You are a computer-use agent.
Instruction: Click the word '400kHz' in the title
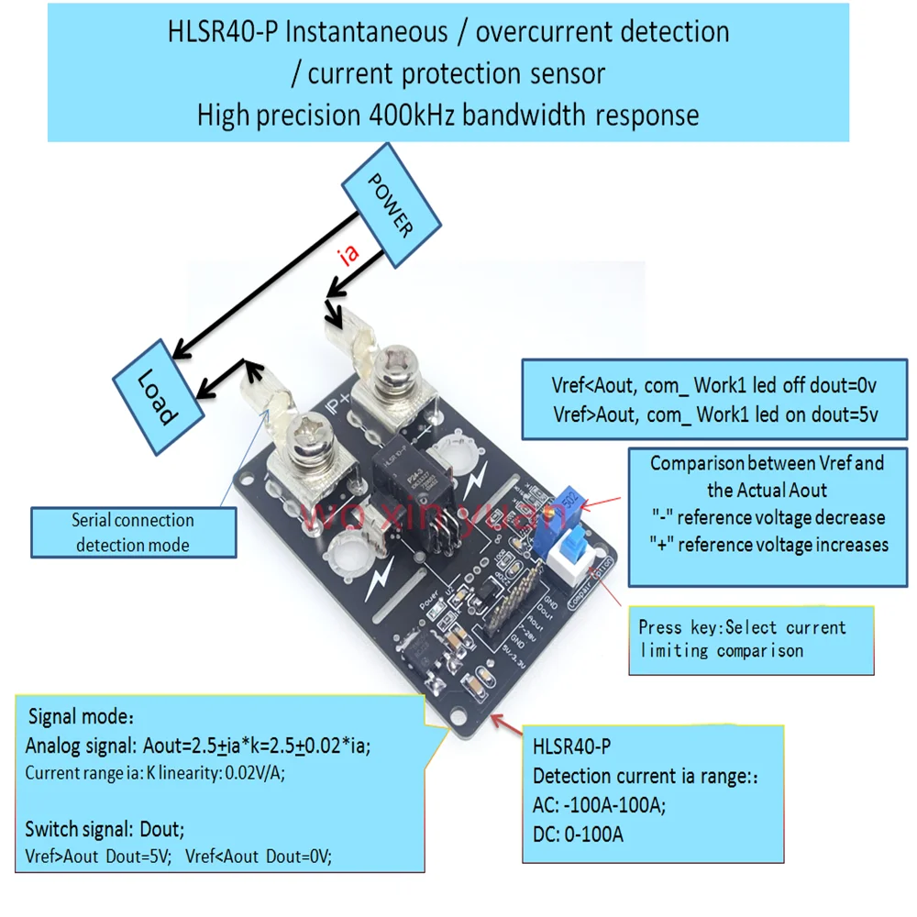[x=419, y=116]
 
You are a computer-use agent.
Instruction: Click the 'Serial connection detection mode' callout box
[x=133, y=533]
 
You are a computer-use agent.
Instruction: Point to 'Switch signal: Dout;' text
[x=105, y=829]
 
